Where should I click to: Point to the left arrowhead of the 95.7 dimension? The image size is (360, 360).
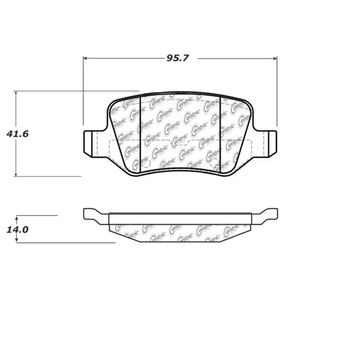click(85, 58)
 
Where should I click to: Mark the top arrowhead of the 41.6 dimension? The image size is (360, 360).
click(16, 93)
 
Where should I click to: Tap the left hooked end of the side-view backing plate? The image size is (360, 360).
click(92, 215)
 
